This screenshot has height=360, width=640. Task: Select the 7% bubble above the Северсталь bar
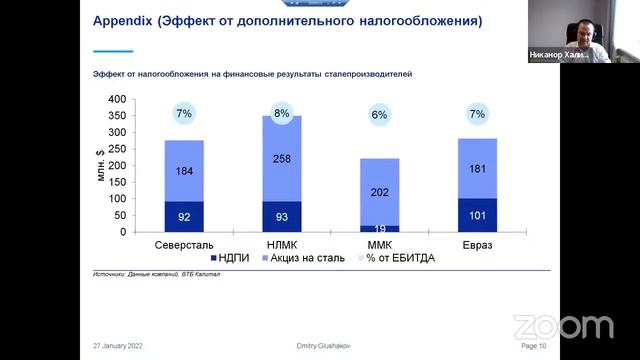tap(184, 114)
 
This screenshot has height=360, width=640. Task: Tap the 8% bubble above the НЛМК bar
tap(281, 114)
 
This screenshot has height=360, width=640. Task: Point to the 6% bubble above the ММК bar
tap(379, 115)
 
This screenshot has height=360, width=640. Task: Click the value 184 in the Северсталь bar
tap(184, 172)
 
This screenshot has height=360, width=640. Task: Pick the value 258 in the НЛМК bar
tap(281, 159)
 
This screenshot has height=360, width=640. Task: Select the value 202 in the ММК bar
tap(379, 192)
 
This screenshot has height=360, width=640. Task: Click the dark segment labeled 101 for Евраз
tap(476, 214)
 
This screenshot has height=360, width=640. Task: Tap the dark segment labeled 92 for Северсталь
tap(184, 216)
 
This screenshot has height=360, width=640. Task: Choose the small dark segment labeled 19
tap(379, 228)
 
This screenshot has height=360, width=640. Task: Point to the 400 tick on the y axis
tap(117, 100)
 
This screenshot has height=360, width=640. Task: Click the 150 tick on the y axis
tap(117, 182)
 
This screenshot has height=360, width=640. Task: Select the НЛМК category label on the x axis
tap(281, 245)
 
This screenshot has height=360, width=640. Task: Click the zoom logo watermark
tap(562, 327)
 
